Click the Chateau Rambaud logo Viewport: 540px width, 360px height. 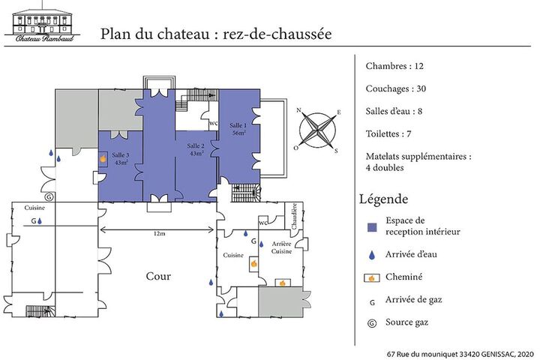click(42, 22)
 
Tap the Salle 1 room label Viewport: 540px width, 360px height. click(238, 129)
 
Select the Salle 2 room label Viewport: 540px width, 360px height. click(196, 149)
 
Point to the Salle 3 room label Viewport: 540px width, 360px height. click(121, 159)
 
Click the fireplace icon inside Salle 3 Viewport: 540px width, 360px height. click(103, 159)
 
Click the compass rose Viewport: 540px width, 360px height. click(317, 131)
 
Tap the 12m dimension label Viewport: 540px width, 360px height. click(159, 233)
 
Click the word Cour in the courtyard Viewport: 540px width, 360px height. click(158, 276)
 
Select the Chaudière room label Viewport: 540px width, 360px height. click(294, 216)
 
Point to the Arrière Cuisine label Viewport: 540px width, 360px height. click(281, 247)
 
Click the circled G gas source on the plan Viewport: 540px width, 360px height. click(49, 196)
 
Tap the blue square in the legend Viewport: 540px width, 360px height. click(372, 227)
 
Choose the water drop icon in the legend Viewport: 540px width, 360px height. click(371, 255)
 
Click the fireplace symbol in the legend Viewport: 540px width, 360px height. click(372, 277)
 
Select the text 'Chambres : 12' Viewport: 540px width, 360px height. click(394, 66)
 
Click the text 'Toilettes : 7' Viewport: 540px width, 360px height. click(388, 133)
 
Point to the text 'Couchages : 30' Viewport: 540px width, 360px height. click(396, 89)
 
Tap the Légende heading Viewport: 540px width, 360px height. click(384, 199)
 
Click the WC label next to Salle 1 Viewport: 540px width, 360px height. click(213, 123)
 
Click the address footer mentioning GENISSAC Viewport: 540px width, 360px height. click(460, 354)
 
